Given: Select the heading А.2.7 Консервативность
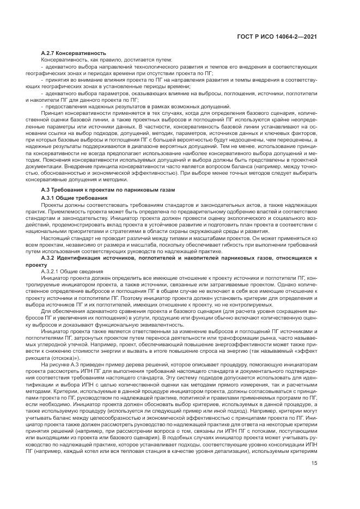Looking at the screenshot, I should click(74, 53).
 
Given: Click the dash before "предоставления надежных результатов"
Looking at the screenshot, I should click(58, 106).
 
